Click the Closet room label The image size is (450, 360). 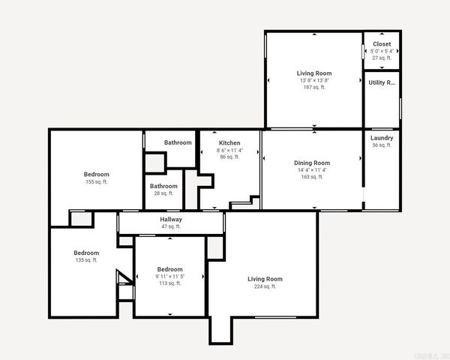[x=382, y=44]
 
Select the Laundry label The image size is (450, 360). [x=382, y=138]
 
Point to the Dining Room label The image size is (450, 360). [x=312, y=163]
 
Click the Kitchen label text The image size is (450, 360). [x=229, y=142]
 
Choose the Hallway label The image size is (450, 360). [x=171, y=219]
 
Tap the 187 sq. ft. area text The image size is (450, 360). [x=314, y=87]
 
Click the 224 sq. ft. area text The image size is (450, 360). [x=265, y=286]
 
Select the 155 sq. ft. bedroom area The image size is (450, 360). [x=97, y=181]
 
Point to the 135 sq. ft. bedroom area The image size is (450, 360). [x=86, y=260]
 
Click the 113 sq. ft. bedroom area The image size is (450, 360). [x=169, y=283]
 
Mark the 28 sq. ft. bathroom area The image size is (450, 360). [x=163, y=193]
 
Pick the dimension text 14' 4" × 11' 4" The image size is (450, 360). [x=312, y=170]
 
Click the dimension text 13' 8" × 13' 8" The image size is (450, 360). [x=314, y=80]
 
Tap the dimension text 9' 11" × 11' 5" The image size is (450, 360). [x=169, y=277]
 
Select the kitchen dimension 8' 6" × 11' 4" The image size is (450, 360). [x=229, y=150]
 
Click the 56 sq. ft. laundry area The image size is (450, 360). [x=382, y=145]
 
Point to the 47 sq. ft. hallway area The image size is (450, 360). [x=171, y=226]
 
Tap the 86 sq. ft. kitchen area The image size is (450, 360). [x=229, y=157]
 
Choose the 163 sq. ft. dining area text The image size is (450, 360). [x=312, y=177]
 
